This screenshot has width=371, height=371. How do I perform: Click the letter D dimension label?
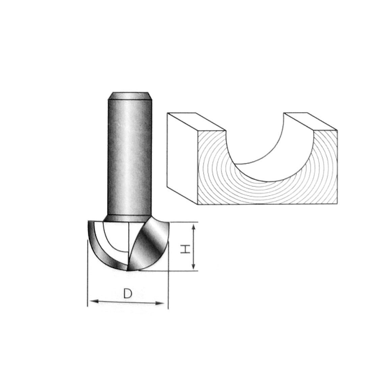click(127, 294)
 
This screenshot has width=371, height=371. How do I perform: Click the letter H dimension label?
click(184, 249)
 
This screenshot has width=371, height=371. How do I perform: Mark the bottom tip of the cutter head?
click(127, 270)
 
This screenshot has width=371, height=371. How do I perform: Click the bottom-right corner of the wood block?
click(338, 204)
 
